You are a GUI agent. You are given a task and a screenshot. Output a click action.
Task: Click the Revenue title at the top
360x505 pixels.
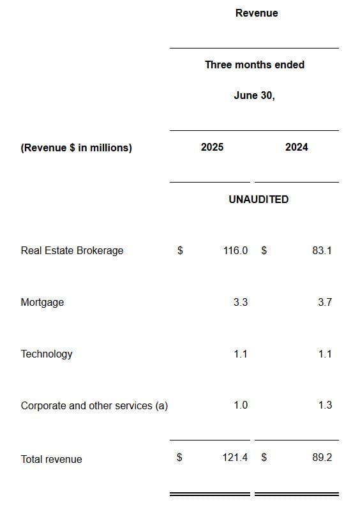257,13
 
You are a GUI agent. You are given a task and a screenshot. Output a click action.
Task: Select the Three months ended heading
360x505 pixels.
254,64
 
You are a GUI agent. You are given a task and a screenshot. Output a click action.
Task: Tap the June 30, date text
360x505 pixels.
254,95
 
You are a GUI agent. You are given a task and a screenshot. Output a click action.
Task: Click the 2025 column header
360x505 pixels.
212,147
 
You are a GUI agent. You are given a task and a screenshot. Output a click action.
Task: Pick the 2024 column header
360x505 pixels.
296,147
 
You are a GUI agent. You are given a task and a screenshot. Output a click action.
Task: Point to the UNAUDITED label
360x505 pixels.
259,199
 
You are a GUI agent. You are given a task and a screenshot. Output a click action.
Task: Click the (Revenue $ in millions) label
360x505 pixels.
76,147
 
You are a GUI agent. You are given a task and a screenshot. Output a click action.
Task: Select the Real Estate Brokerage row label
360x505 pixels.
72,250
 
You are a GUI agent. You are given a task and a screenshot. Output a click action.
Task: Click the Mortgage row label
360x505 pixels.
42,302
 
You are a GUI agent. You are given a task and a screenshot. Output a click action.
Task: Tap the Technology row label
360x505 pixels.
47,354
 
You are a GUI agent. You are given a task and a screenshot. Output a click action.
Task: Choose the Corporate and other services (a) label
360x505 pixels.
94,405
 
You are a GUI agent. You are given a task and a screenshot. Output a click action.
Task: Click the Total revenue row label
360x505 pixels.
51,459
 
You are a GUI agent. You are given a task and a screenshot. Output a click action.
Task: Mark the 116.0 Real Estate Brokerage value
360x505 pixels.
236,250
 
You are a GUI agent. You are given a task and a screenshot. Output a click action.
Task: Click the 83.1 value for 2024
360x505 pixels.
322,250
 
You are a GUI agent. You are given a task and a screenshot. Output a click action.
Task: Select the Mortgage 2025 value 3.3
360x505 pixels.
240,302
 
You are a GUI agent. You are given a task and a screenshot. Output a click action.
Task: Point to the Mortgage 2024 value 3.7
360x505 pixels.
324,302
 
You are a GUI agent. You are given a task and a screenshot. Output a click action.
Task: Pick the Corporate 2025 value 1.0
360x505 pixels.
240,405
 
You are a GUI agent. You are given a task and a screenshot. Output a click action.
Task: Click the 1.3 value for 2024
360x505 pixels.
324,405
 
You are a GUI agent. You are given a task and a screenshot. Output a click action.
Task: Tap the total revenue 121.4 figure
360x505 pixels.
236,458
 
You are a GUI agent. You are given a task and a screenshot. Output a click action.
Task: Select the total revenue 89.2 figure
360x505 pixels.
322,458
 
